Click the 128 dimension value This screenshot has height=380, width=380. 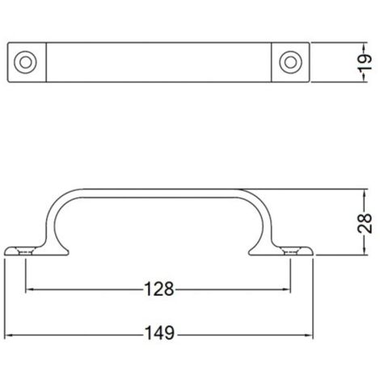(159, 289)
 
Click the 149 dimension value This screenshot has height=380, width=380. (160, 333)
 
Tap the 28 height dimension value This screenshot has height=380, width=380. (365, 223)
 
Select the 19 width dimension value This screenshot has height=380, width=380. (365, 62)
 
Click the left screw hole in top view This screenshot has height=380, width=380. (25, 62)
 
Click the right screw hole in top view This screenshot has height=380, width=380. (290, 62)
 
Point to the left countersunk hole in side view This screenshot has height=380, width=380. (25, 251)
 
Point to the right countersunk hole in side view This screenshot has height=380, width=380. (290, 251)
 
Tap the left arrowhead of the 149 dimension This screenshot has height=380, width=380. (9, 336)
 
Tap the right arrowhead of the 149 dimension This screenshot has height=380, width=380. (309, 336)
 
